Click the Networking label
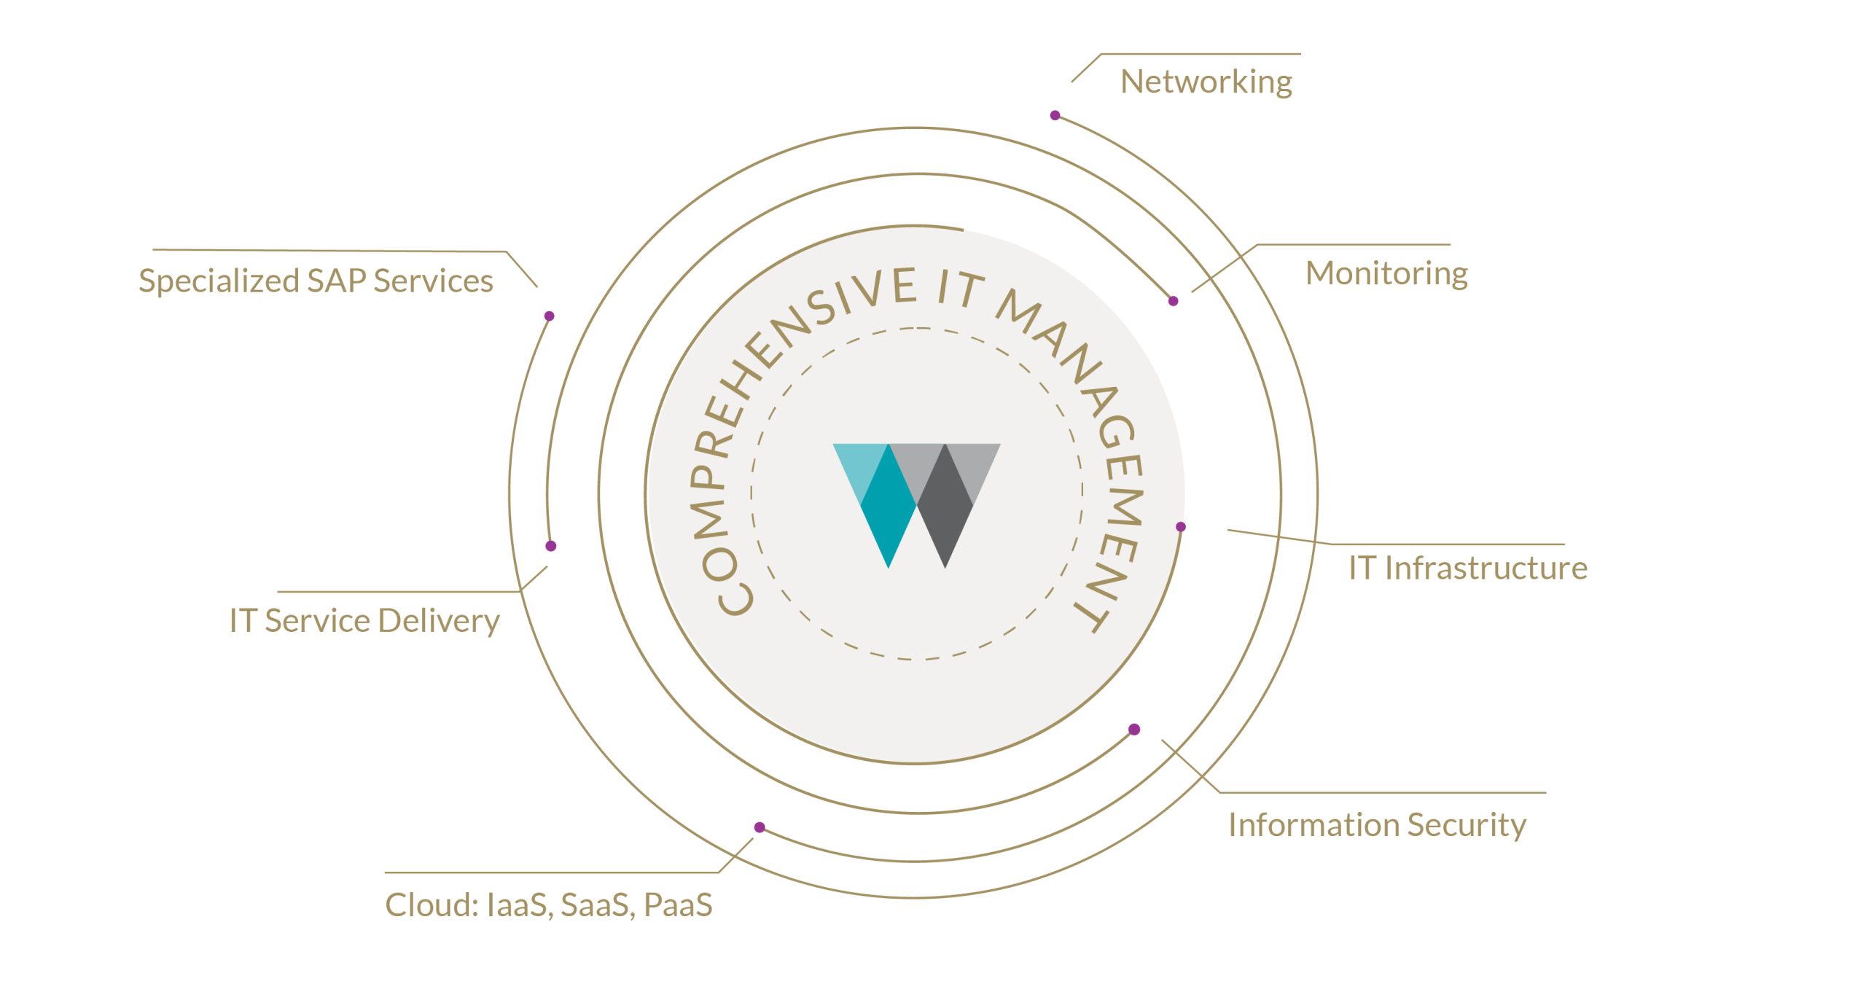[1206, 82]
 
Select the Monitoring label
[1386, 273]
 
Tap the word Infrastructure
[1486, 568]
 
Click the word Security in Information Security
[1467, 826]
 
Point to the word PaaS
[678, 905]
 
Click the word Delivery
[439, 621]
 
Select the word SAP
[337, 281]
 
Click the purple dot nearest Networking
[1055, 115]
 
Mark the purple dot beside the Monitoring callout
[1173, 301]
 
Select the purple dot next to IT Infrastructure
[1181, 527]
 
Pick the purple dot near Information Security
[1134, 730]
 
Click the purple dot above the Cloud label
[760, 827]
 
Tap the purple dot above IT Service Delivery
[551, 546]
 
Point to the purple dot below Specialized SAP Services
[550, 316]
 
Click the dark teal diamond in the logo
[889, 506]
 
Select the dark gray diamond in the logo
[945, 506]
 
